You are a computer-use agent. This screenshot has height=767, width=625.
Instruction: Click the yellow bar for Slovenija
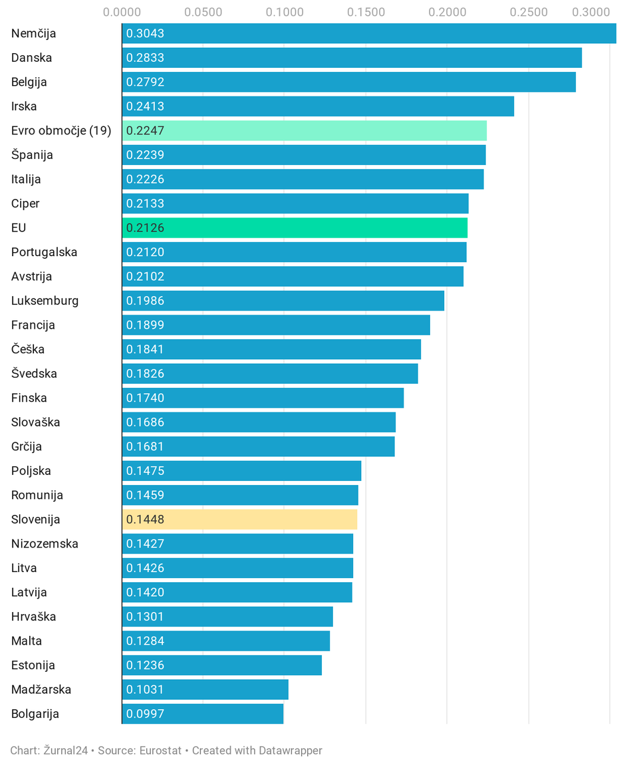(239, 520)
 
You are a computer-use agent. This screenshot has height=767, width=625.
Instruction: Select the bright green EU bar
(295, 228)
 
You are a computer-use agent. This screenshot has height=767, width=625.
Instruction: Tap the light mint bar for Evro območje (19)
(305, 130)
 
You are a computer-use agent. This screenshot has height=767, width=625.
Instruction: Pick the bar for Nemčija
(369, 33)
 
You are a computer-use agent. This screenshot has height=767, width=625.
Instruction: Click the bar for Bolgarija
(203, 714)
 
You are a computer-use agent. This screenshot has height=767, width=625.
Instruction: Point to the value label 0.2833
(145, 58)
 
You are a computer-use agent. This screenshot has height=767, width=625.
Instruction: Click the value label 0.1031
(145, 690)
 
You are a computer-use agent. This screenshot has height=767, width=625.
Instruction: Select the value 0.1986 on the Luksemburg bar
(145, 301)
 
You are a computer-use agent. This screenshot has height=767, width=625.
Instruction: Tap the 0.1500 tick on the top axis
(366, 12)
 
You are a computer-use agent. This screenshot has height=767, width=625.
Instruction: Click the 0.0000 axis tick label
(122, 12)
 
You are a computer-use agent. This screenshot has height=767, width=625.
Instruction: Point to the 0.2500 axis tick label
(529, 12)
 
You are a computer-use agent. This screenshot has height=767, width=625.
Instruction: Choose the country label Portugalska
(45, 252)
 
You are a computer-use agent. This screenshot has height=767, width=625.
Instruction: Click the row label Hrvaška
(33, 617)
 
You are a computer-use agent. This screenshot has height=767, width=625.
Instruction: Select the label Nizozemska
(45, 543)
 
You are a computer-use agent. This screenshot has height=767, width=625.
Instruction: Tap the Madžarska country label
(41, 690)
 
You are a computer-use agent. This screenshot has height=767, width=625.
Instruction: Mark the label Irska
(24, 106)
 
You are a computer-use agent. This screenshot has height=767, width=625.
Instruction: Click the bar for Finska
(263, 398)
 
